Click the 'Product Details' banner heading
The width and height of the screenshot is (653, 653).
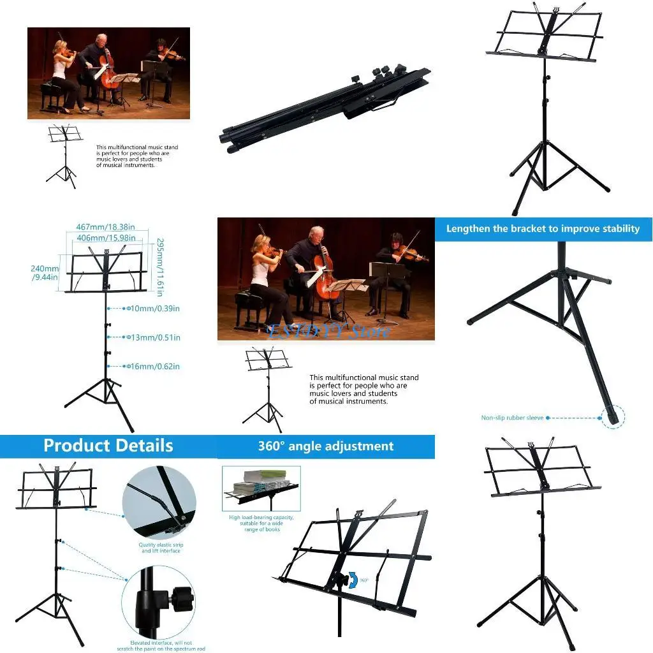(108, 445)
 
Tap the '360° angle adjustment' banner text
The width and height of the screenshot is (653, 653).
(326, 446)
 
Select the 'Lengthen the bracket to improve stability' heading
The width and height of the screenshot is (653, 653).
(543, 228)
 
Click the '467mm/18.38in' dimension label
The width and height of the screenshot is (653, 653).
(105, 227)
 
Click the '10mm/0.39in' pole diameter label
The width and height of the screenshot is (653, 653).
(155, 309)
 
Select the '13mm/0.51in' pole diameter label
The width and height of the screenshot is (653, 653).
(155, 337)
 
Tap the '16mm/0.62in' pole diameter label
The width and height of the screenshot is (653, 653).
(155, 367)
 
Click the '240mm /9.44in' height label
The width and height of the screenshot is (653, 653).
(45, 273)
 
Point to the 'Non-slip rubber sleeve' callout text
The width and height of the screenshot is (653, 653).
(512, 418)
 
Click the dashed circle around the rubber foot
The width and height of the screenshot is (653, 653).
(613, 418)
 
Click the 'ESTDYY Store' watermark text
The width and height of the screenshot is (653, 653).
(329, 331)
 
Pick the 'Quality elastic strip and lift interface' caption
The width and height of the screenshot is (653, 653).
(159, 548)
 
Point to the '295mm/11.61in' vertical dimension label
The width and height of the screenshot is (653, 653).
(160, 267)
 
